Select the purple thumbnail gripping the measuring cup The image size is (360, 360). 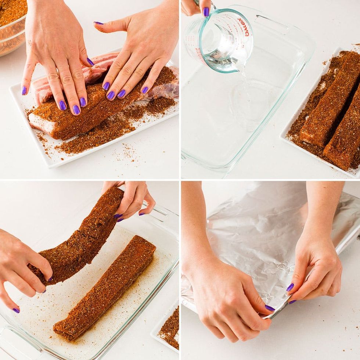tap(206, 12)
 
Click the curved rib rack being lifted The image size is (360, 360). tap(84, 235)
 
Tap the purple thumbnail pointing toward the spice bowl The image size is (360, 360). tap(98, 23)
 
